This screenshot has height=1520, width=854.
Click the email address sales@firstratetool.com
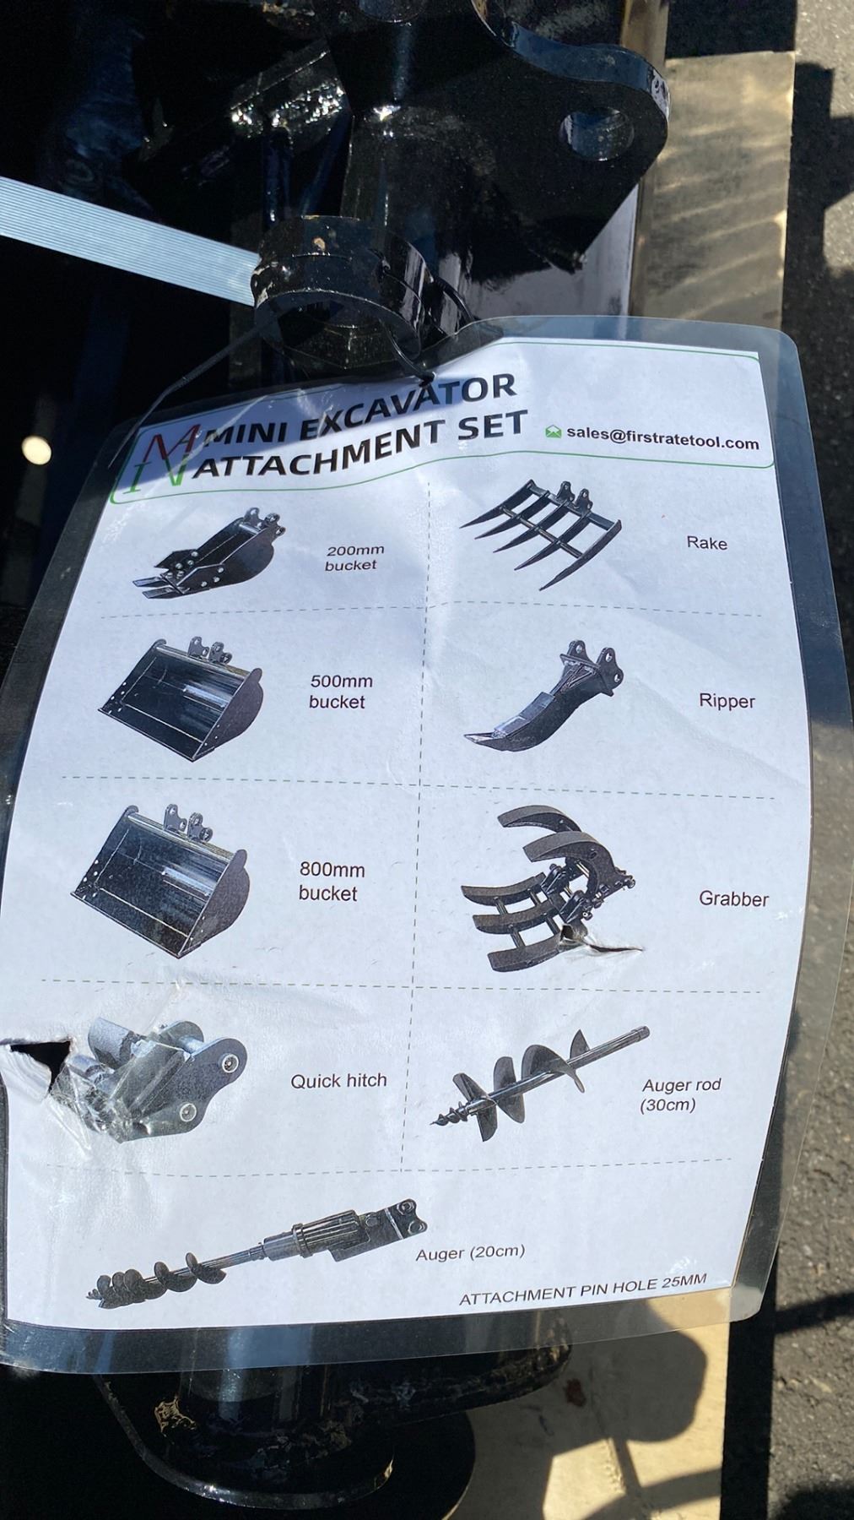pos(662,438)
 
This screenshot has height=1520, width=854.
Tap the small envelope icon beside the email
pos(554,432)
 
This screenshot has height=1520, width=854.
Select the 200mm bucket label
pos(350,558)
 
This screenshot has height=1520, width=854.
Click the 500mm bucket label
pos(339,691)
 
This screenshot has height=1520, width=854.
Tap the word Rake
pos(706,542)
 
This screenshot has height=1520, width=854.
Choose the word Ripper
pos(727,701)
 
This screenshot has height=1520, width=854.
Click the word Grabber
pos(733,898)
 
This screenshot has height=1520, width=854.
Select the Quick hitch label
pos(338,1080)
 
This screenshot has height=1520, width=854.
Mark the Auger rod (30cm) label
pos(681,1094)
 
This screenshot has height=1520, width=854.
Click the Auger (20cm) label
pos(470,1253)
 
